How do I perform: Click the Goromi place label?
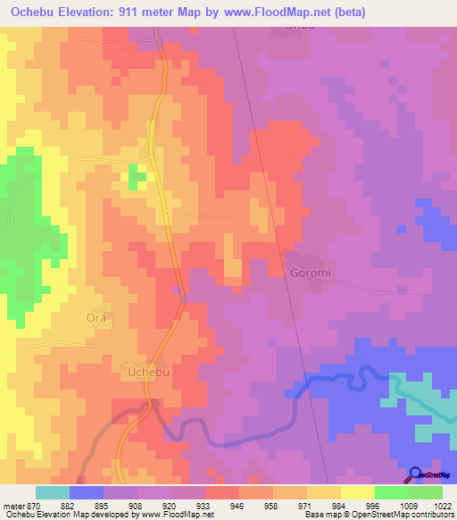(308, 273)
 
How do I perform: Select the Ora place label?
(96, 317)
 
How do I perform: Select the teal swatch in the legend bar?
(53, 492)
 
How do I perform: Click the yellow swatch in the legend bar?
(358, 492)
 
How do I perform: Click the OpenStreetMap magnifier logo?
(416, 474)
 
